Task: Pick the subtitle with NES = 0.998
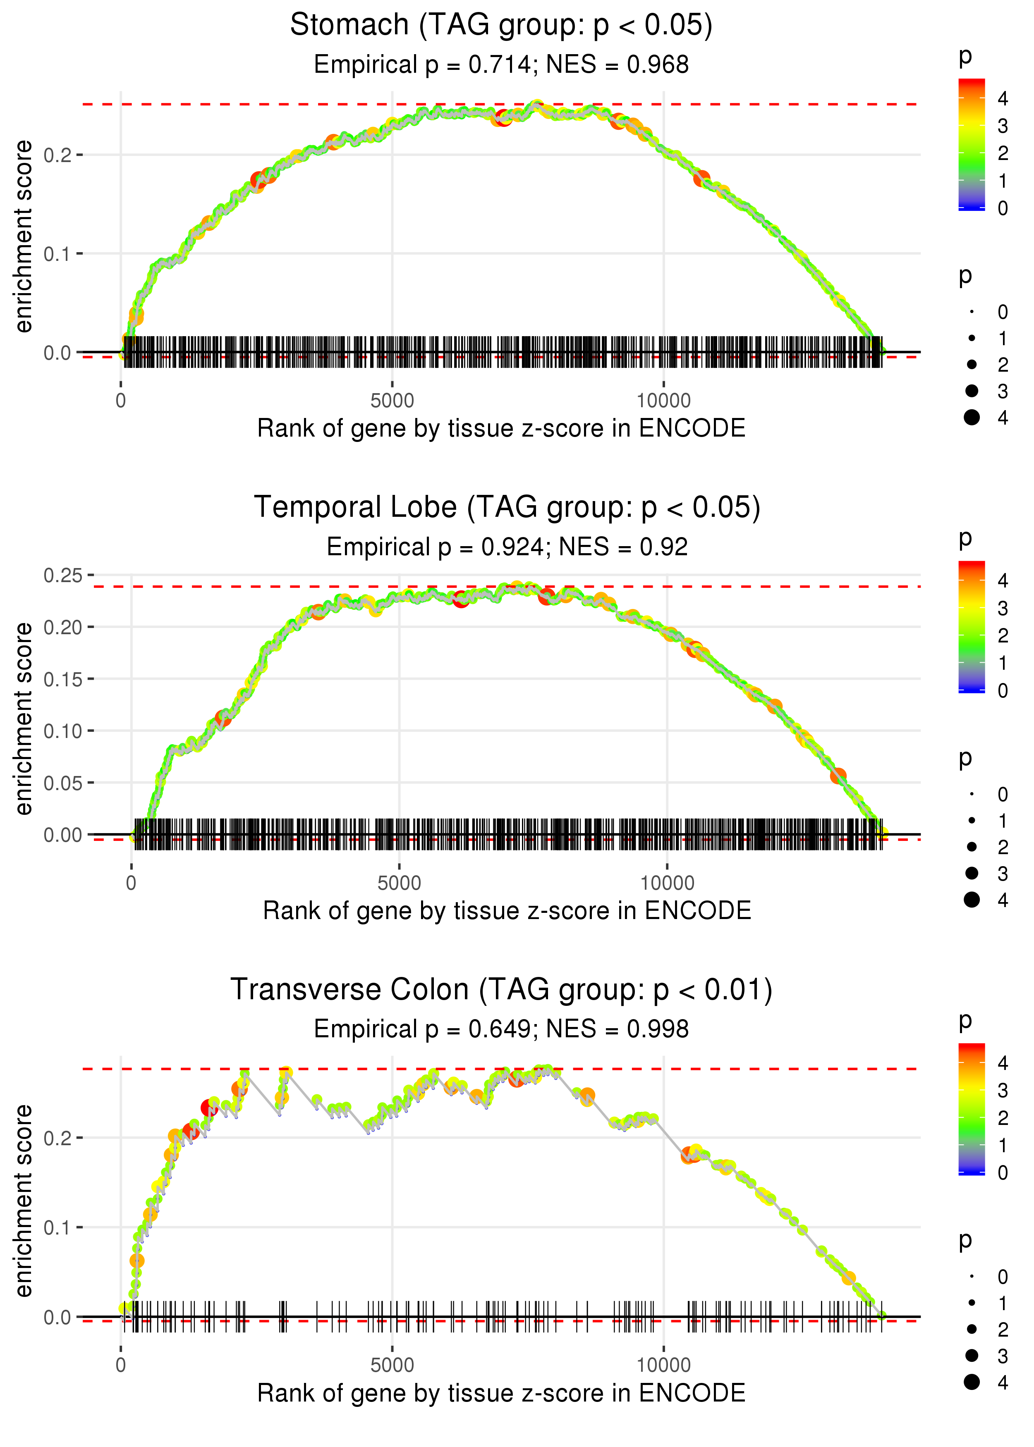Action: coord(501,1029)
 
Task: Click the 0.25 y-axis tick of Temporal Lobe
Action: coord(63,575)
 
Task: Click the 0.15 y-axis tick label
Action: coord(63,679)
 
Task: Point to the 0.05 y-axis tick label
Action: coord(63,783)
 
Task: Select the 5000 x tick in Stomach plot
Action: coord(392,401)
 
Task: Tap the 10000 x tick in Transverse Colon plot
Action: coord(663,1366)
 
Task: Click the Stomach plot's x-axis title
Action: coord(501,429)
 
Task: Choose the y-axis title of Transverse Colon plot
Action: coord(24,1199)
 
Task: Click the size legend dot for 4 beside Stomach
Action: coord(972,418)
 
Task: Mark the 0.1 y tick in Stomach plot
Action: coord(58,254)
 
